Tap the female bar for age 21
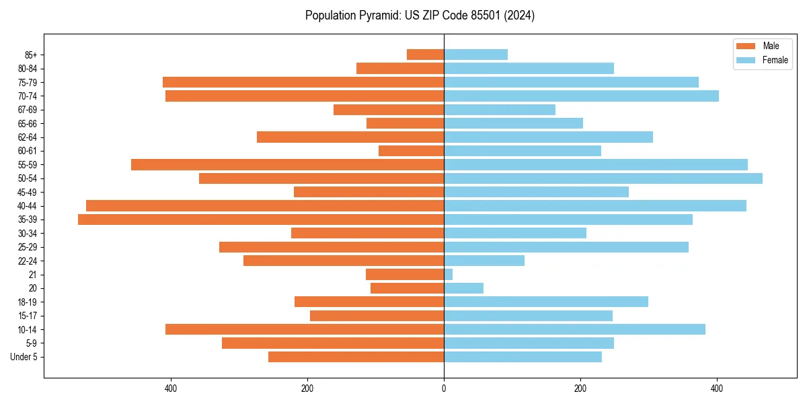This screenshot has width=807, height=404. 449,275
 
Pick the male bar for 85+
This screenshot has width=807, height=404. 425,55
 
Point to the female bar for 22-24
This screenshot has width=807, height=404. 484,261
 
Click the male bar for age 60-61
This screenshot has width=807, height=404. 411,151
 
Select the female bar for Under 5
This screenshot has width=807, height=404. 523,357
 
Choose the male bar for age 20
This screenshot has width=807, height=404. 407,288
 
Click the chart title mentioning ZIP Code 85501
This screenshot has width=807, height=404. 420,15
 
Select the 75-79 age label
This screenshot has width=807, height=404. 28,83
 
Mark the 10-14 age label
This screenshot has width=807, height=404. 28,330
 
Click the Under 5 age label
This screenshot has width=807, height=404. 24,357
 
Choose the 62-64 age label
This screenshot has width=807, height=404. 28,137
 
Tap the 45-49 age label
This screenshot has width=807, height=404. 28,193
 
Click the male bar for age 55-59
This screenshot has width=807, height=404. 287,165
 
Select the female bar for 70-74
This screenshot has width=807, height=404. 581,96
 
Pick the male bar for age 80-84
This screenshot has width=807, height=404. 400,69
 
